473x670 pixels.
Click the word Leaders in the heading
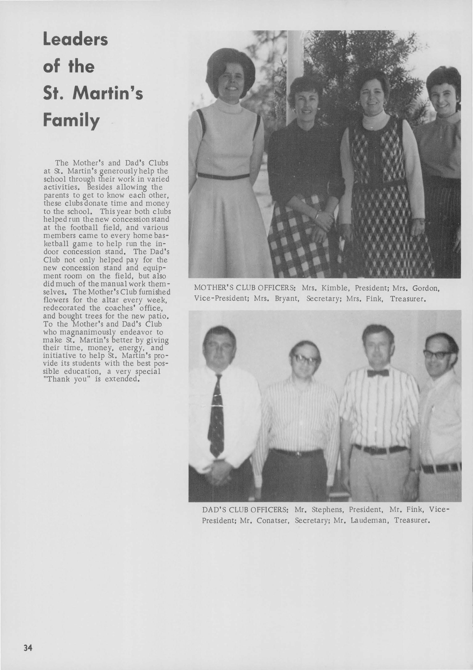tap(76, 40)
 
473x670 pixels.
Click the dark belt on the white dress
tap(223, 176)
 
